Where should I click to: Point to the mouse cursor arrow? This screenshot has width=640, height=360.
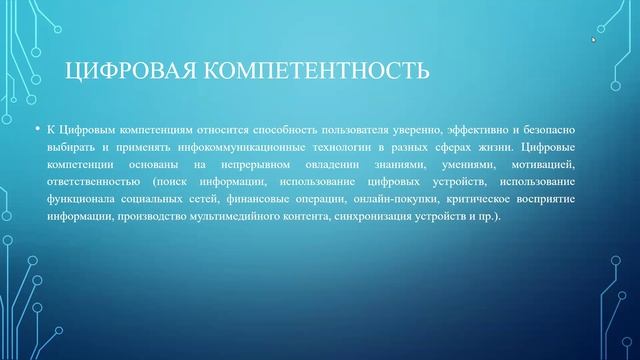(593, 40)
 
